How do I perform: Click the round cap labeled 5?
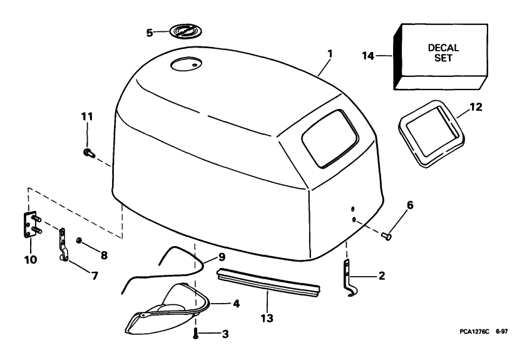tap(184, 31)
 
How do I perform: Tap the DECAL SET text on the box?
tap(444, 53)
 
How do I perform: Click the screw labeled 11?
tap(88, 153)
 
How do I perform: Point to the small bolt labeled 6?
tap(386, 235)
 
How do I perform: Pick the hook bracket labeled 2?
tap(349, 279)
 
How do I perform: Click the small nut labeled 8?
tap(79, 240)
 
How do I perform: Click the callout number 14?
tap(368, 55)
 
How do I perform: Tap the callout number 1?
tap(330, 54)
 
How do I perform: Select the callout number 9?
tap(222, 257)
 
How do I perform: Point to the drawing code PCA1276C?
tap(474, 331)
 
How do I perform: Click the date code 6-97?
tap(502, 331)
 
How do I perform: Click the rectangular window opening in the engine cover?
tap(330, 138)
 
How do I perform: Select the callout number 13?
tap(267, 318)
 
